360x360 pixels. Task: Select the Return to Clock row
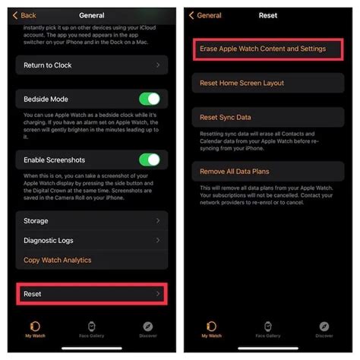pyautogui.click(x=90, y=66)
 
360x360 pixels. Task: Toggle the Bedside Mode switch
pyautogui.click(x=149, y=99)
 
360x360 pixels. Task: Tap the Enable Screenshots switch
pyautogui.click(x=149, y=159)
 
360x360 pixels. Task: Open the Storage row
pyautogui.click(x=90, y=220)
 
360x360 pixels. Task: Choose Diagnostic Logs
pyautogui.click(x=90, y=240)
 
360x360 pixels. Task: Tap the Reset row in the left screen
pyautogui.click(x=90, y=293)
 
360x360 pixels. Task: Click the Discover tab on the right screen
pyautogui.click(x=324, y=330)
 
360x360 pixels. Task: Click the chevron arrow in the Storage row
pyautogui.click(x=158, y=220)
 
